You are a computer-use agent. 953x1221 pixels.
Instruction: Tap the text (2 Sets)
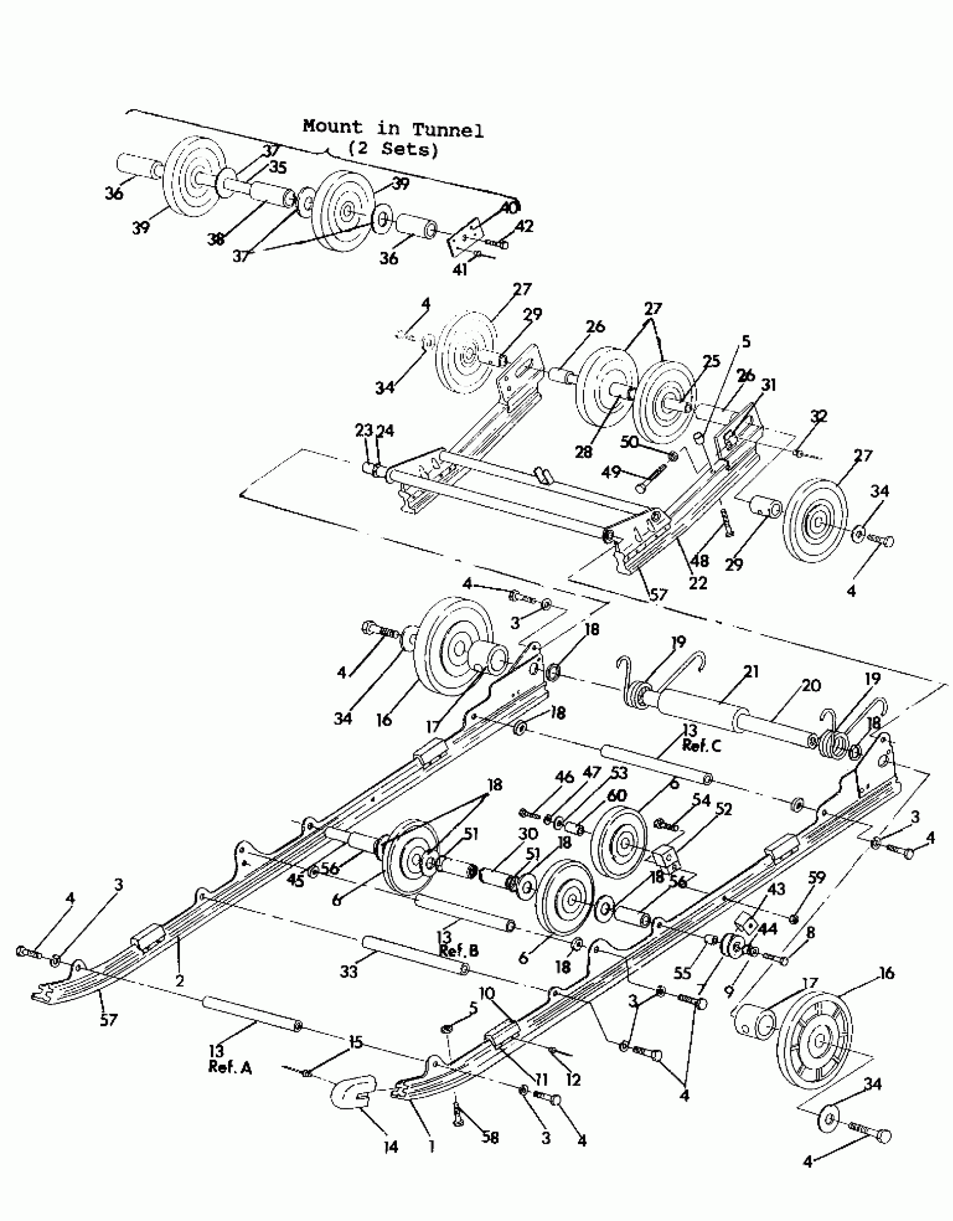(x=392, y=149)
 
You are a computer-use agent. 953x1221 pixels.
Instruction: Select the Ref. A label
(x=230, y=1067)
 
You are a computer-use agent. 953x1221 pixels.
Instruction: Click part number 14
(x=390, y=1147)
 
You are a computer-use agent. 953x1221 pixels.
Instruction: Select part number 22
(x=697, y=583)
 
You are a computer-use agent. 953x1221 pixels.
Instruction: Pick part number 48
(x=701, y=560)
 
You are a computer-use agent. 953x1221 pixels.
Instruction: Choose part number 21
(x=752, y=672)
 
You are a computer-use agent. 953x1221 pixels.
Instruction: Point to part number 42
(x=524, y=226)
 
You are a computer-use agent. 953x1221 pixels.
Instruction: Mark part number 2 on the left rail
(x=180, y=980)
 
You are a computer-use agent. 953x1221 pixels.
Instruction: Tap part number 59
(x=817, y=878)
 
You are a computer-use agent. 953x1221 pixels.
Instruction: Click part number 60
(x=617, y=795)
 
